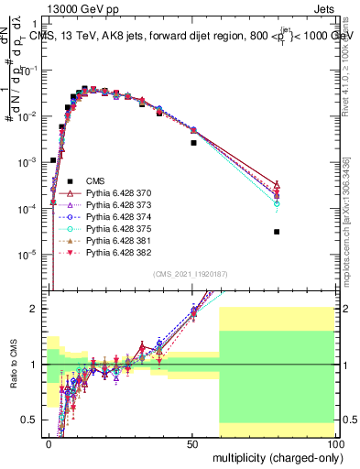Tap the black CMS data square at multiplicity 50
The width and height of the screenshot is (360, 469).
click(x=193, y=143)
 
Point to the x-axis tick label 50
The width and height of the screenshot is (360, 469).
click(x=192, y=442)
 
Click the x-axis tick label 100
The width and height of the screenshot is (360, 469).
click(x=334, y=442)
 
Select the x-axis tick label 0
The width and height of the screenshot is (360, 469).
click(x=49, y=442)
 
